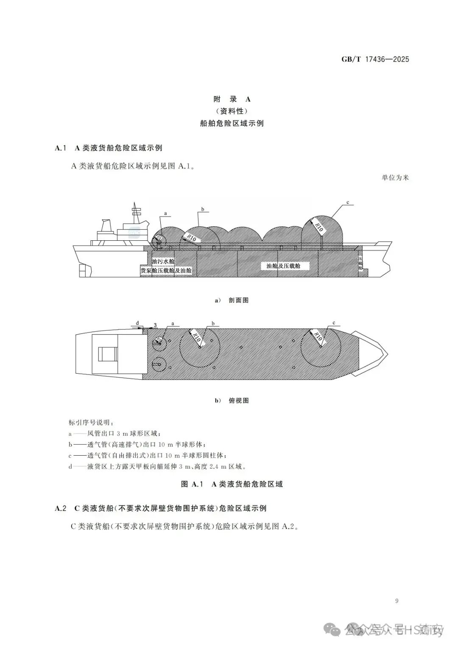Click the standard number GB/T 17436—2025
(375, 59)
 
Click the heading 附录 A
(232, 99)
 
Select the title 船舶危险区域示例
(232, 123)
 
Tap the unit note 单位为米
(395, 177)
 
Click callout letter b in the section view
(203, 209)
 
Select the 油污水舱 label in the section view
(163, 262)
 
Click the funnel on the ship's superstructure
(105, 226)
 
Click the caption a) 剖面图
(232, 300)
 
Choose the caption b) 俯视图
(232, 400)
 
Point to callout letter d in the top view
(137, 323)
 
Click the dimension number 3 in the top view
(155, 325)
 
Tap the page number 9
(397, 600)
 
